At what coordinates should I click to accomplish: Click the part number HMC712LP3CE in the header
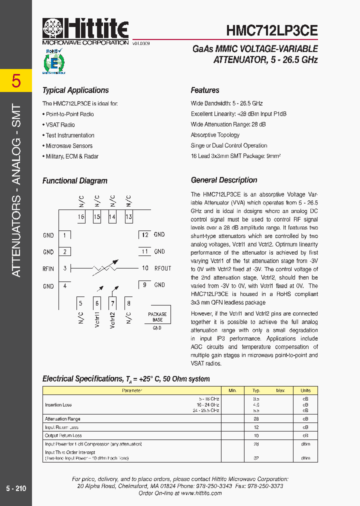coord(271,30)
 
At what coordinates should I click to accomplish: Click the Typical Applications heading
coord(75,90)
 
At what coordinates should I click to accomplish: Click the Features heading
coord(205,90)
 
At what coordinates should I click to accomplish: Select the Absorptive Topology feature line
coord(215,135)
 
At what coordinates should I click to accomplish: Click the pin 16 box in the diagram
coord(81,217)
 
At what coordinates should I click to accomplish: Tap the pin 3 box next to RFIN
coord(65,268)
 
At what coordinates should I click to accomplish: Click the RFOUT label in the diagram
coord(162,268)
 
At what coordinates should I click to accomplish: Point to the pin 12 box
coord(144,234)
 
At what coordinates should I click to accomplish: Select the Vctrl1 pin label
coord(97,319)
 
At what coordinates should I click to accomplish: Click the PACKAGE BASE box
coord(157,317)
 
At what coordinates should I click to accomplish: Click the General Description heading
coord(224,180)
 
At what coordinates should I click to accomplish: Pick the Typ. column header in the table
coord(256,390)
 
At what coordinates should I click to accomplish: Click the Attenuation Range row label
coord(62,419)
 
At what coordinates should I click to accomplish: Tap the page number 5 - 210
coord(16,488)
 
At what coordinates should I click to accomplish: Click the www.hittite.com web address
coord(201,493)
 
